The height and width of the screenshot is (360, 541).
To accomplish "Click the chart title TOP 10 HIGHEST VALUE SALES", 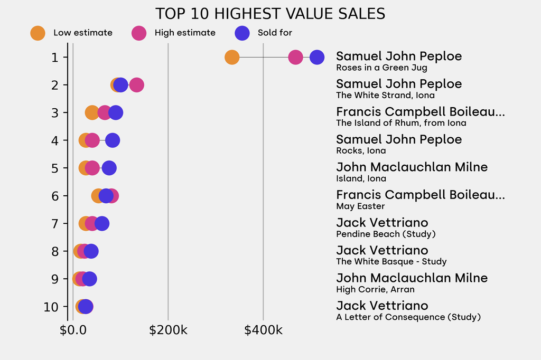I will click(x=270, y=13).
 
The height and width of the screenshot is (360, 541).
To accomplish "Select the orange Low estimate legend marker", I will click(x=38, y=33).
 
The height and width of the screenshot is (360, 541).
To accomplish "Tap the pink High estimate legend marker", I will click(x=139, y=33).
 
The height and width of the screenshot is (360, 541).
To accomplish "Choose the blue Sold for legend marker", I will click(x=241, y=33).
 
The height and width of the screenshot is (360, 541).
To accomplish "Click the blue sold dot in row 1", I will click(x=316, y=57).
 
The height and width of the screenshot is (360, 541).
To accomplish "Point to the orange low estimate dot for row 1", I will click(x=232, y=57).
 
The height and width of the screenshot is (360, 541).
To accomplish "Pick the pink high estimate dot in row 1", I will click(x=295, y=57).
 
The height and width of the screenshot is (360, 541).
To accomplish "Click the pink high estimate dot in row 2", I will click(x=136, y=85).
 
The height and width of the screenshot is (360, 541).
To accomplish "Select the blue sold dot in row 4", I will click(x=113, y=140).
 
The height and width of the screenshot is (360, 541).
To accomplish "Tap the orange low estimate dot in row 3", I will click(x=92, y=112).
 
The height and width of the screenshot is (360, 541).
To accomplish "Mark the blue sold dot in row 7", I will click(x=102, y=223).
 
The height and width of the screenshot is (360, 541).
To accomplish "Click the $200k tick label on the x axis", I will click(x=168, y=331).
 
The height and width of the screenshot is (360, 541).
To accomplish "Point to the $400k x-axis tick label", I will click(x=263, y=331).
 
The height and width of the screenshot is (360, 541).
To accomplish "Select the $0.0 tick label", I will click(x=73, y=331).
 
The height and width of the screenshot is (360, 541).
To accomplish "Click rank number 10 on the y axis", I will click(x=51, y=307).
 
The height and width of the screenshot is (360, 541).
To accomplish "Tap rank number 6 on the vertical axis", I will click(x=55, y=196).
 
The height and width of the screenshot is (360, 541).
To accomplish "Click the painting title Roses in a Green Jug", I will click(x=381, y=68).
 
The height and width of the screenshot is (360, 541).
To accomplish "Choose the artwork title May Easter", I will click(x=360, y=206).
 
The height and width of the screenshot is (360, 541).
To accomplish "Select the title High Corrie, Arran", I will click(x=375, y=289).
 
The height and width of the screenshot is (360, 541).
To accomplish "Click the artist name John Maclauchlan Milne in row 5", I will click(x=412, y=167).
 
